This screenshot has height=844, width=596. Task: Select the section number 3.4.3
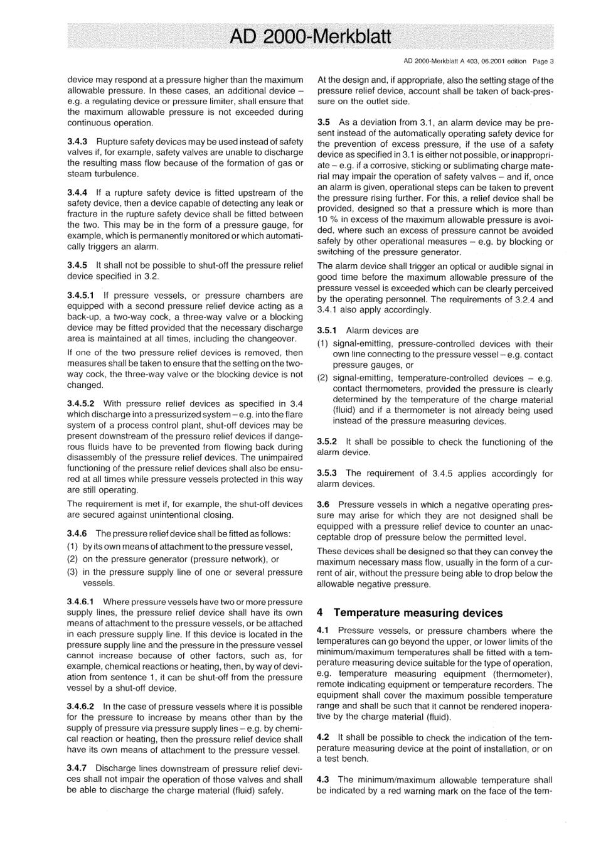[77, 142]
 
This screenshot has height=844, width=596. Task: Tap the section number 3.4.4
[77, 193]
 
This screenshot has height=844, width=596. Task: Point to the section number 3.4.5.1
[81, 295]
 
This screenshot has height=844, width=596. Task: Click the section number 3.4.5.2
[81, 403]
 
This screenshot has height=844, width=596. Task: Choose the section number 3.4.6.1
[81, 602]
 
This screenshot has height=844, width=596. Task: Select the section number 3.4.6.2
[81, 706]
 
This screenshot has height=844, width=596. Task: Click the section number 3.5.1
[327, 330]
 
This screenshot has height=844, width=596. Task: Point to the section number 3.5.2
[327, 442]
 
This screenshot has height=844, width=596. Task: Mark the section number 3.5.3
[327, 473]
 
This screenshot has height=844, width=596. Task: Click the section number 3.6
[323, 505]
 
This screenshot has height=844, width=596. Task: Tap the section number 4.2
[323, 737]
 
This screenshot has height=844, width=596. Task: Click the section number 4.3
[323, 780]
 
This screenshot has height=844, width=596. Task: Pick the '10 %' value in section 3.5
[327, 220]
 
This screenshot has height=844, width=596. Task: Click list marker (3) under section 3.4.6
[72, 572]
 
